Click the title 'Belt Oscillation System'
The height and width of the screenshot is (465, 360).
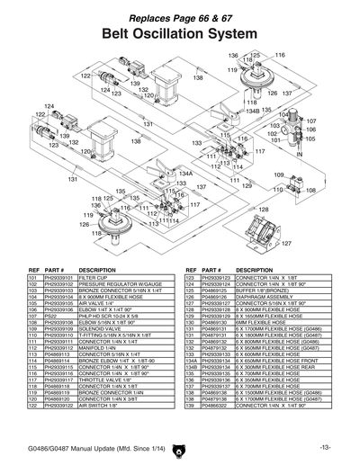tap(179, 33)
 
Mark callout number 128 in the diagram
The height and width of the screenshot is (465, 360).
tap(263, 209)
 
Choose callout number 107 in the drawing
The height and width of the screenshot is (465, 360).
tap(311, 121)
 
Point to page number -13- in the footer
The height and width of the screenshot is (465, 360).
tap(325, 447)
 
